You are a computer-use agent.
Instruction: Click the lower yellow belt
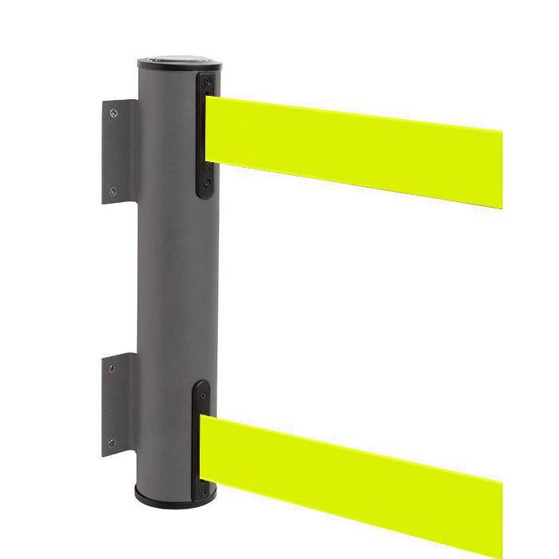coord(359,471)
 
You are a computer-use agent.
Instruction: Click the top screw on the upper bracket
coord(113,113)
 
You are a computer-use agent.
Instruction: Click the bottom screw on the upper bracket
coord(113,191)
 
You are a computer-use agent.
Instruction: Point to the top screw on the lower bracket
coord(112,368)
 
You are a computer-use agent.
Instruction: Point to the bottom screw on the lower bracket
coord(111,442)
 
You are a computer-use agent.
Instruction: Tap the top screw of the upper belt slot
coord(207,81)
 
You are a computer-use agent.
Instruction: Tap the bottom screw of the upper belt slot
coord(206,183)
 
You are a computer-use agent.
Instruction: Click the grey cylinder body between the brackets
coord(172,279)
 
